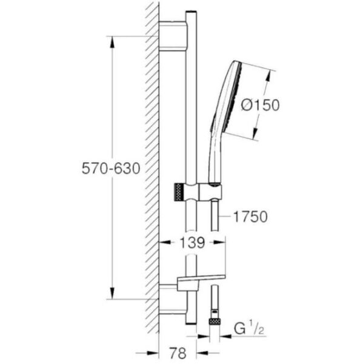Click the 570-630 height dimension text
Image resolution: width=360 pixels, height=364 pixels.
(x=111, y=169)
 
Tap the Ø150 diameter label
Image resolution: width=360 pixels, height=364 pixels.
(x=260, y=104)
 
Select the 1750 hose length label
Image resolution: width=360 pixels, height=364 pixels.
(x=251, y=217)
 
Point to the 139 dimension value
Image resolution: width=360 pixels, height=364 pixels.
(x=192, y=243)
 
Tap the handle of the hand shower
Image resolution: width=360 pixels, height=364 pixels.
(x=214, y=155)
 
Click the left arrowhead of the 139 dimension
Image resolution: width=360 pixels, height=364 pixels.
(x=163, y=243)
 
